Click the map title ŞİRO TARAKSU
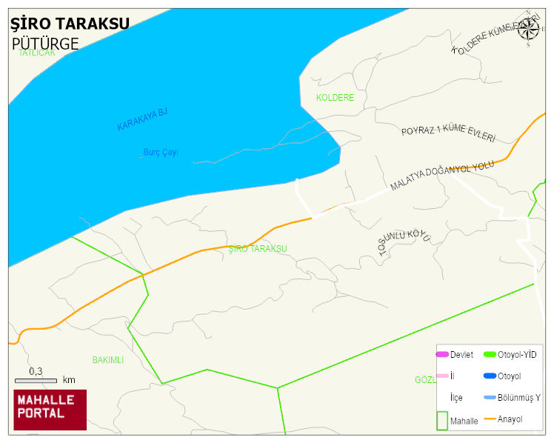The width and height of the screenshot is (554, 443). (70, 23)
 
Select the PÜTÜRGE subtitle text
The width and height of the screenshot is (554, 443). (45, 44)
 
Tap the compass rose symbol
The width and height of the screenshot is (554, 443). (527, 29)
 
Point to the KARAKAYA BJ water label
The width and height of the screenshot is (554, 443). (142, 119)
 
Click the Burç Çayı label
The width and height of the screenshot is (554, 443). (161, 153)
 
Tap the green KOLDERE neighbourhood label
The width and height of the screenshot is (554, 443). (335, 98)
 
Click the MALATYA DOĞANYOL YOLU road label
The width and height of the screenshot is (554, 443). (441, 176)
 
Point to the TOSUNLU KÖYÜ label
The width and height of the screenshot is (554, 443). (404, 242)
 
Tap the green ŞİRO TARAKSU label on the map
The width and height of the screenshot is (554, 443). (258, 249)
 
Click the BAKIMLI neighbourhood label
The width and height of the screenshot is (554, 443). (107, 360)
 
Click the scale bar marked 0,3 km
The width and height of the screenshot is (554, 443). (36, 380)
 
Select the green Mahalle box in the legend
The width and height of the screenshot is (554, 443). (442, 420)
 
